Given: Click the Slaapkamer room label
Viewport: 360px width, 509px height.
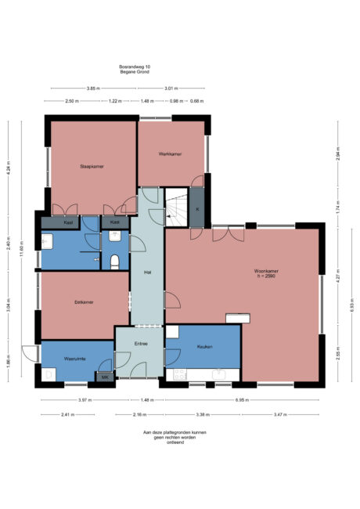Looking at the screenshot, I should (x=92, y=167).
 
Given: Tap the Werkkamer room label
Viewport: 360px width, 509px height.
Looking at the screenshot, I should (x=170, y=153).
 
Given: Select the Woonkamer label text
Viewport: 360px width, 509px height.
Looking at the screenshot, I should (x=266, y=272).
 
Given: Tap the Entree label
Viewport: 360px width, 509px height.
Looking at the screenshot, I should (x=140, y=342).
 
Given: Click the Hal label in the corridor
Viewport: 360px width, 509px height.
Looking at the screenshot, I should (x=146, y=272).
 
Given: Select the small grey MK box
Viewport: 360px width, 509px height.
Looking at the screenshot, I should (x=105, y=377).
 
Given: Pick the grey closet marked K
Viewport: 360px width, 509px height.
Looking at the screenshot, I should (x=197, y=210).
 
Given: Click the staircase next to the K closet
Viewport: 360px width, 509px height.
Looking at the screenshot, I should (x=176, y=208).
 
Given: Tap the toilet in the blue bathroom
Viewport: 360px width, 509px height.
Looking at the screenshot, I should (x=116, y=261).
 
